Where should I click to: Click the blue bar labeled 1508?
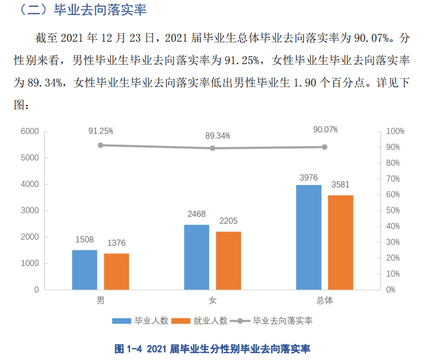coord(84,269)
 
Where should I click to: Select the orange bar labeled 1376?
coord(116,271)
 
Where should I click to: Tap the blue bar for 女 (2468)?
coord(197,257)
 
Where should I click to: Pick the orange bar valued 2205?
coord(229,260)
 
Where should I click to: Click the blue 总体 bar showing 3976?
coord(309,237)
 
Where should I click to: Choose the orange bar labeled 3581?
coord(340,242)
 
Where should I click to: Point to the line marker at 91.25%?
coord(100,145)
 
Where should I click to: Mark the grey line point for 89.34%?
coord(213,148)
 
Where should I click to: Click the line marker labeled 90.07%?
coord(324,147)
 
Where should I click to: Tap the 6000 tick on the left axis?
coord(29,131)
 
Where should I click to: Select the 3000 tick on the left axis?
coord(29,210)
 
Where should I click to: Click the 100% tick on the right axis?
coord(395,131)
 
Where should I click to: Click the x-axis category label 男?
coord(100,300)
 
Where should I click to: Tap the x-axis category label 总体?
coord(324,300)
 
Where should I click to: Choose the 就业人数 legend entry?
coord(201,321)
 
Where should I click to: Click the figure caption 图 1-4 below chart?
coord(212,348)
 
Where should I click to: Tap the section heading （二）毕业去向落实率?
coord(80,10)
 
